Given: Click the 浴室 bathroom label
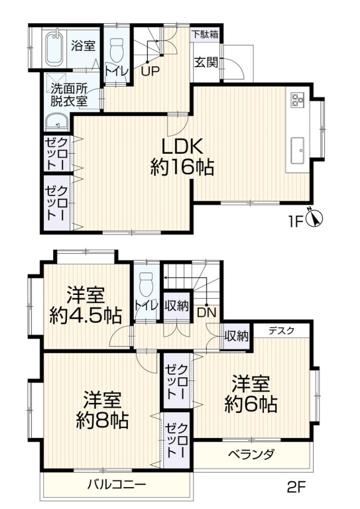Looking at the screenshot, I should (x=83, y=46).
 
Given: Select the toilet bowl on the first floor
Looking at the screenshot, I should (x=117, y=48).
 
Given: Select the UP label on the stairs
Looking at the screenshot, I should (x=149, y=72).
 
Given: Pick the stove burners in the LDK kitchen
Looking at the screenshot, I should (x=296, y=100).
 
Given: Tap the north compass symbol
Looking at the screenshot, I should (x=316, y=218).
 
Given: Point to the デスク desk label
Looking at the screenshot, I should (x=282, y=331).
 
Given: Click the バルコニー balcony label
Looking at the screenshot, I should (x=117, y=484).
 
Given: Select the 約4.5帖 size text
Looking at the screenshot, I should (x=85, y=315).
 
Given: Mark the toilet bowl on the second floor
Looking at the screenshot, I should (x=146, y=282).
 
